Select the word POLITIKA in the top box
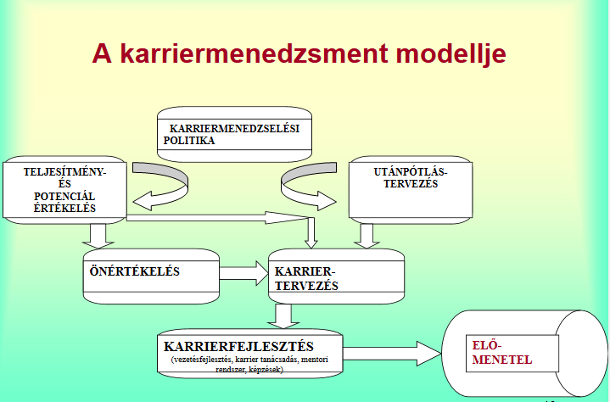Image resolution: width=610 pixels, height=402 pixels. [x=189, y=140]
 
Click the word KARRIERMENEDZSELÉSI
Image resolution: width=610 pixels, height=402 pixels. [x=235, y=128]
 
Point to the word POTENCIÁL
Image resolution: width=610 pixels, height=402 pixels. [x=64, y=196]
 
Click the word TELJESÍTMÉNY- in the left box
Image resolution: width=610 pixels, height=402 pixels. [x=64, y=172]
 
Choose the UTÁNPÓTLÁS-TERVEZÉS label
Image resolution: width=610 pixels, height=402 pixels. [x=411, y=177]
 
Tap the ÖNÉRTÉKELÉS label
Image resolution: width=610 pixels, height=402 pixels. [x=135, y=271]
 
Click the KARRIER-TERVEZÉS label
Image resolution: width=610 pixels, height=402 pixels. [x=306, y=278]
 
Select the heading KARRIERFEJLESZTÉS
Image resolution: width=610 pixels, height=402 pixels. [x=239, y=346]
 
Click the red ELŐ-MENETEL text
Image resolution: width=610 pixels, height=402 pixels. [x=502, y=352]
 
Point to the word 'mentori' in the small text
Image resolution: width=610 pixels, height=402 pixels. [x=315, y=360]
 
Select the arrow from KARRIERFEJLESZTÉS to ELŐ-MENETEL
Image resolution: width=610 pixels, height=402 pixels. [x=392, y=354]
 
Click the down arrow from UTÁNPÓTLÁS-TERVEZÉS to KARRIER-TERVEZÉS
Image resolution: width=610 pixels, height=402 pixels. [x=367, y=236]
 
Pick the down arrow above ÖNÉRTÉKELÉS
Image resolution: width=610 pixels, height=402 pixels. [x=98, y=236]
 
